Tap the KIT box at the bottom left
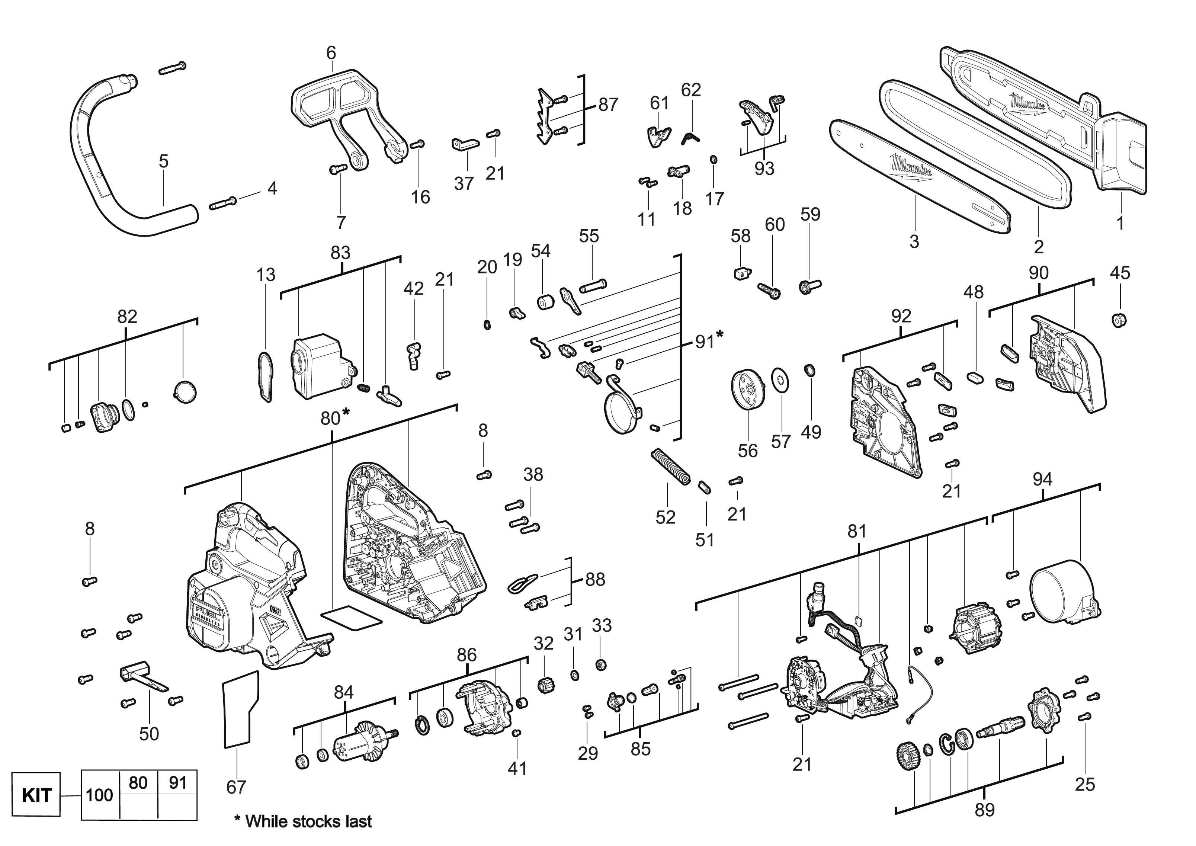tap(36, 795)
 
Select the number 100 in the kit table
tap(99, 795)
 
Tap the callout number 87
tap(608, 105)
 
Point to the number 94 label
tap(1042, 479)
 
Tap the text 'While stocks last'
tap(308, 821)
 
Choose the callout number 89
tap(984, 810)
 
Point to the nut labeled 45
tap(1116, 320)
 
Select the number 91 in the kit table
tap(177, 783)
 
